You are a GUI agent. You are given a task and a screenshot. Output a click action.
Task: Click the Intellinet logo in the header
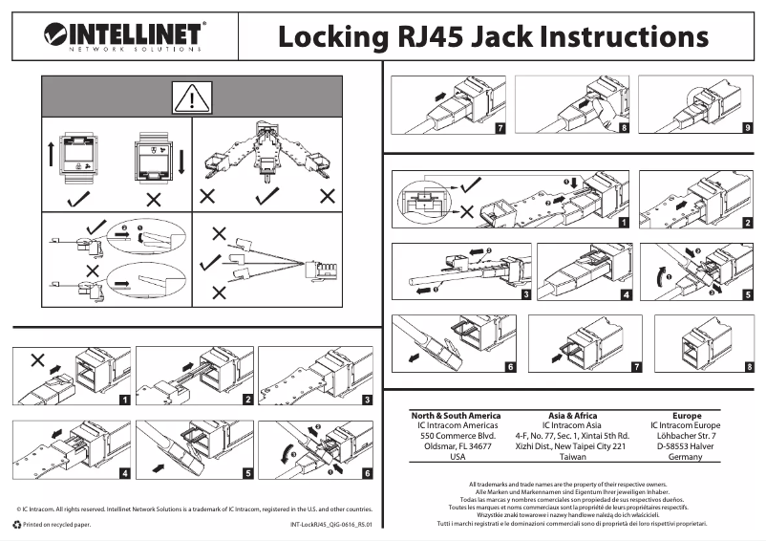pos(124,36)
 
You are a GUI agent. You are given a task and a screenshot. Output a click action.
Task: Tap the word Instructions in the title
pos(610,37)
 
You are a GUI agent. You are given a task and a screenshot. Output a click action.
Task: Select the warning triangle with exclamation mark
pos(192,97)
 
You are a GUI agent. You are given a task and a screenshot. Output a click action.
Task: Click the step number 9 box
pos(746,126)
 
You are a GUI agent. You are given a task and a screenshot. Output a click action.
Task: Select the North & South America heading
pos(456,416)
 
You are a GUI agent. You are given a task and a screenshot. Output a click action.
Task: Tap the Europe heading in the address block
pos(686,416)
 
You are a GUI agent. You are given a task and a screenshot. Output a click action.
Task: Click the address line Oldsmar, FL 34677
pos(457,446)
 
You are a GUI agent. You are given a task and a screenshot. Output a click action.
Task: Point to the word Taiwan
pos(572,457)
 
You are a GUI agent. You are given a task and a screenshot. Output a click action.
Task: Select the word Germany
pos(686,457)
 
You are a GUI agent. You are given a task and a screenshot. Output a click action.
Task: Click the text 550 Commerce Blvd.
pos(457,436)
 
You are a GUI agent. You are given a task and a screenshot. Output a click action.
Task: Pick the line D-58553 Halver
pos(686,446)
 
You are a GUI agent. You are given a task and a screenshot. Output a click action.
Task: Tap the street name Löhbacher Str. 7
pos(686,436)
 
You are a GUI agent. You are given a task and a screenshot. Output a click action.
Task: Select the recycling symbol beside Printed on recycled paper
pos(16,525)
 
